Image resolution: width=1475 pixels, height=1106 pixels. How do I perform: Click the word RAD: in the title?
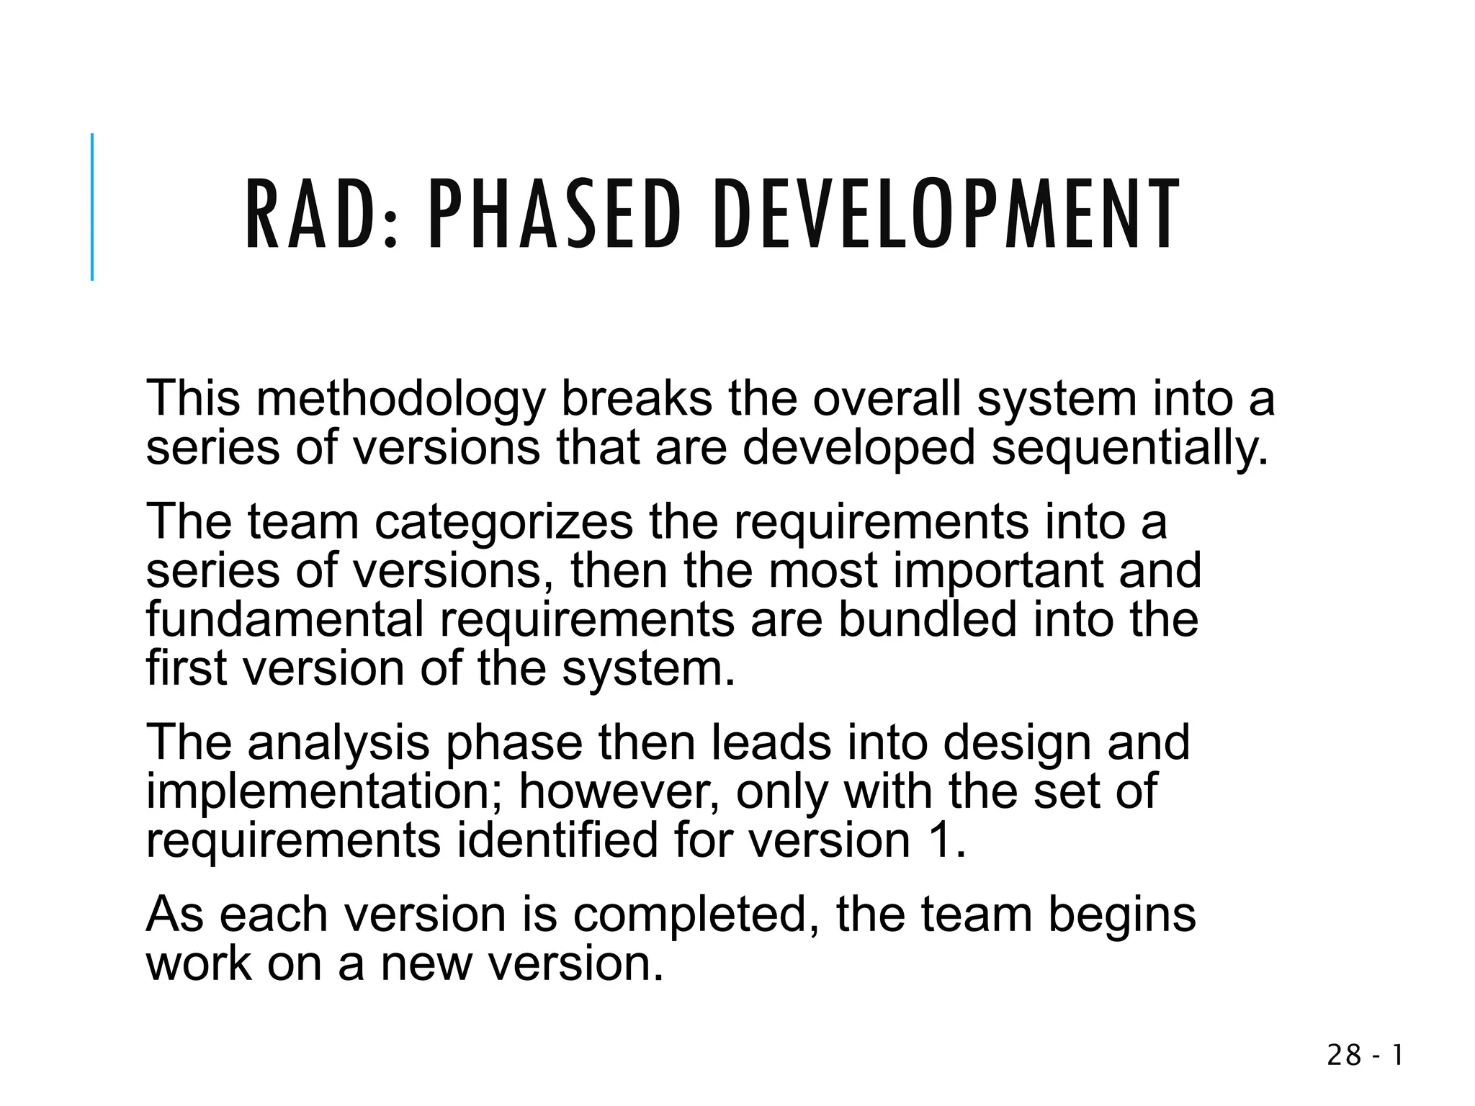click(x=321, y=215)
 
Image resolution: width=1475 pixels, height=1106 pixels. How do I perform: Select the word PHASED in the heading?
click(x=555, y=215)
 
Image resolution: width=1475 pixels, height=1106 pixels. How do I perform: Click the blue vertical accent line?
click(x=92, y=207)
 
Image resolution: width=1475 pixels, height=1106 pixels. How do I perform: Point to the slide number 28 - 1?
click(x=1366, y=1056)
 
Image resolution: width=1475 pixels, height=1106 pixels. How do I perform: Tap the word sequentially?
click(x=1129, y=449)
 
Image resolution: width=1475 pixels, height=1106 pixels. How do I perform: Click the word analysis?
click(x=339, y=744)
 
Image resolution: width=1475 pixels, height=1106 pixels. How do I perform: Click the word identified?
click(x=557, y=840)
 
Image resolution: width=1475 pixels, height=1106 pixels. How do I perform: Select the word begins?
click(x=1121, y=916)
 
